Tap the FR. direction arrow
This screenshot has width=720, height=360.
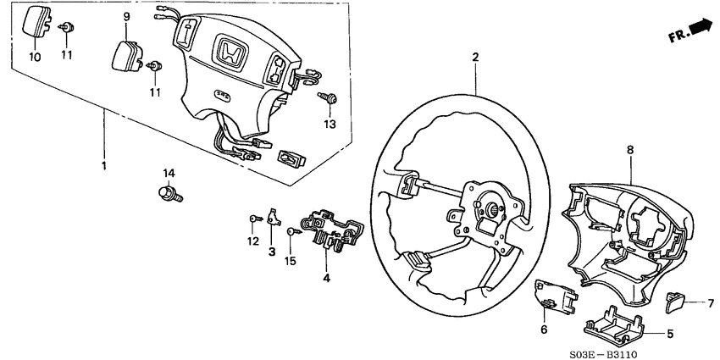(x=701, y=31)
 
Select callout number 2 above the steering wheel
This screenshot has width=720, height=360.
(x=475, y=58)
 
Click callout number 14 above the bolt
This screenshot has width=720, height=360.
(x=169, y=174)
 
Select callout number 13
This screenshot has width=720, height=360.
(x=330, y=125)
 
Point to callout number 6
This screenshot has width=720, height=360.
(x=544, y=330)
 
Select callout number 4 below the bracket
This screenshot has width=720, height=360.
(x=325, y=277)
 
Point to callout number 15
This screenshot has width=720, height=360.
(x=291, y=261)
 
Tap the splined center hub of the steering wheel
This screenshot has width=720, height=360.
(x=490, y=208)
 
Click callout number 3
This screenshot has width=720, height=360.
(x=272, y=252)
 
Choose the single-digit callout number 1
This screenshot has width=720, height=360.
(x=104, y=166)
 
